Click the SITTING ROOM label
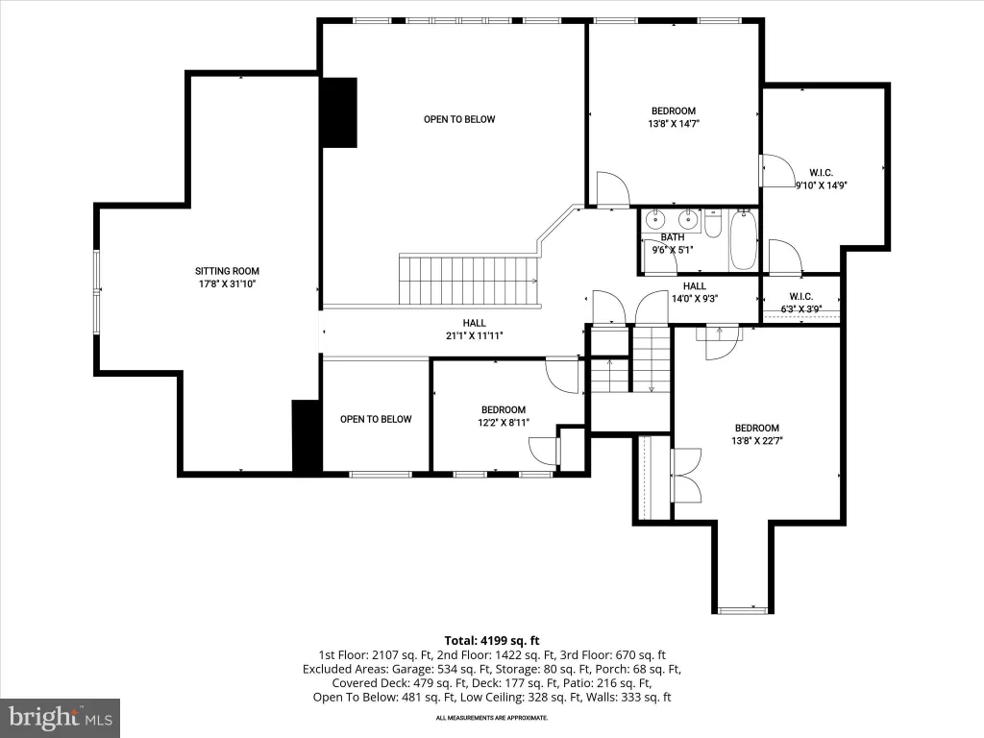pos(227,271)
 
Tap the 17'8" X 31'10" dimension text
pos(227,283)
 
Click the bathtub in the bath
pos(743,241)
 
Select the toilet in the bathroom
pos(712,223)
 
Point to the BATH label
pos(672,237)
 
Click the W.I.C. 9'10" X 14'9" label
pos(822,179)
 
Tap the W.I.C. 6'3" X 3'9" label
pos(801,303)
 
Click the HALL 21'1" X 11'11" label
pos(475,330)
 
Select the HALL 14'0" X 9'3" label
pos(695,292)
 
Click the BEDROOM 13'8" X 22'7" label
pos(757,434)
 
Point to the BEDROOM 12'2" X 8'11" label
pos(504,416)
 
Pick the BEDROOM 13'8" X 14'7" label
pos(674,117)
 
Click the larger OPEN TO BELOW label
pos(459,119)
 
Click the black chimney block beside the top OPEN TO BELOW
pos(339,113)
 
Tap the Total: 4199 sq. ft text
pos(492,641)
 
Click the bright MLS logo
pos(61,717)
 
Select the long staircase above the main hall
pos(469,280)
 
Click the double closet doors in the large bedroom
pos(686,475)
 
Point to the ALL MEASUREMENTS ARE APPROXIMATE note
pos(492,717)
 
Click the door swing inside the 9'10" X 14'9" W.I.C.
pos(777,171)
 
